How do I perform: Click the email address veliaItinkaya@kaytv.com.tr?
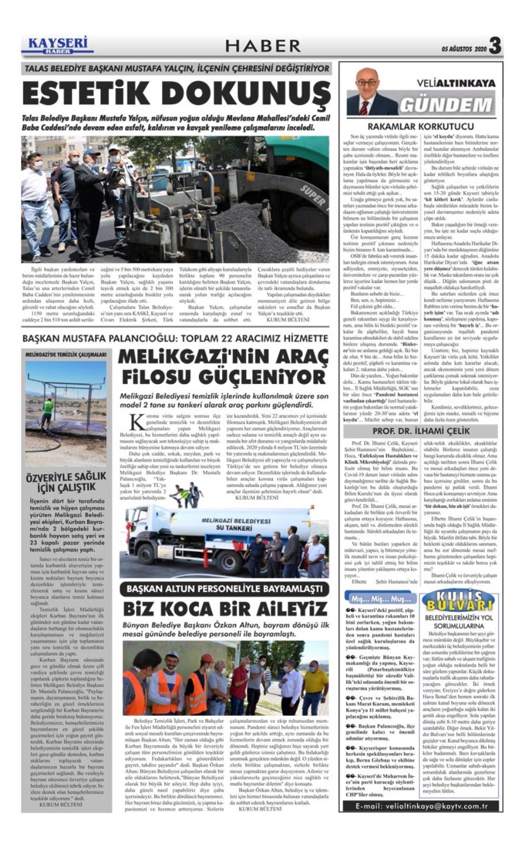[x=421, y=806]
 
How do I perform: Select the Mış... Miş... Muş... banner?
[x=377, y=598]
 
